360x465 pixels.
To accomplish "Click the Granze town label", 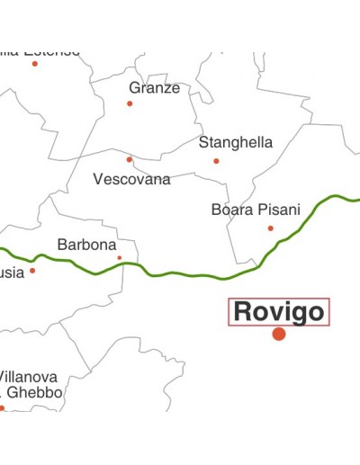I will click(x=154, y=88).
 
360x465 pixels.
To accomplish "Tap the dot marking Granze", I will click(x=130, y=103).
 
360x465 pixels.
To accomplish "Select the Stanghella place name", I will click(x=235, y=142).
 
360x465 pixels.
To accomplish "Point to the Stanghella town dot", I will click(x=216, y=161).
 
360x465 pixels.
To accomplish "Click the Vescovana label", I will click(x=131, y=179).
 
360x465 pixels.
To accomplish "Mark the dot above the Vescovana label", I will click(x=129, y=159).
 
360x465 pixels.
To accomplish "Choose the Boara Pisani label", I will click(x=256, y=210).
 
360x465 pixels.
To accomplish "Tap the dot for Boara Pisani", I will click(x=270, y=228).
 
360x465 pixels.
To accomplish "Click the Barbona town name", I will click(x=86, y=245).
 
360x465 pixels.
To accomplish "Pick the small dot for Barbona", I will click(x=119, y=258).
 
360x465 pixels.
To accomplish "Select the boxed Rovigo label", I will click(x=278, y=311).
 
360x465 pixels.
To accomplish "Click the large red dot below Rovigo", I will click(x=279, y=334).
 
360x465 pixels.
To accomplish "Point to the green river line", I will click(x=198, y=275).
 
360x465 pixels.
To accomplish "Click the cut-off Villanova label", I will click(x=29, y=376).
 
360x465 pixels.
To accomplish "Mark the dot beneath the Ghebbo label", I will click(x=2, y=407).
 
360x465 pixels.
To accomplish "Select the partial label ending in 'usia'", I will click(x=12, y=273).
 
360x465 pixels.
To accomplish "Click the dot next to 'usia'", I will click(x=32, y=270).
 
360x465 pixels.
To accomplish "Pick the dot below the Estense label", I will click(x=35, y=63).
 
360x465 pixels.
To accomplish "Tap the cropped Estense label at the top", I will click(x=40, y=50).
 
